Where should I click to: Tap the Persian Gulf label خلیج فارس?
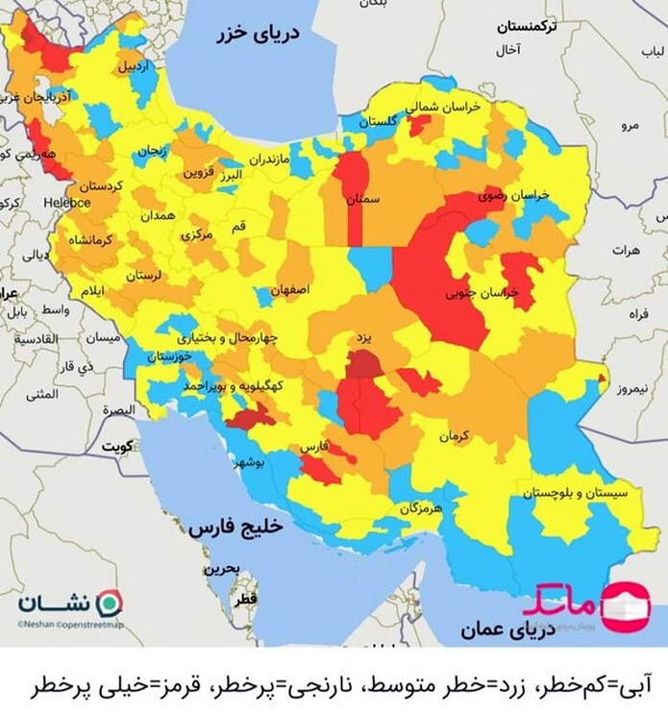pos(237,528)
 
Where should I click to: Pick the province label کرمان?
pos(455,436)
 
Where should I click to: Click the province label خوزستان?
pos(171,356)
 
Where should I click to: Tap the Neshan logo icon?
pos(112,603)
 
